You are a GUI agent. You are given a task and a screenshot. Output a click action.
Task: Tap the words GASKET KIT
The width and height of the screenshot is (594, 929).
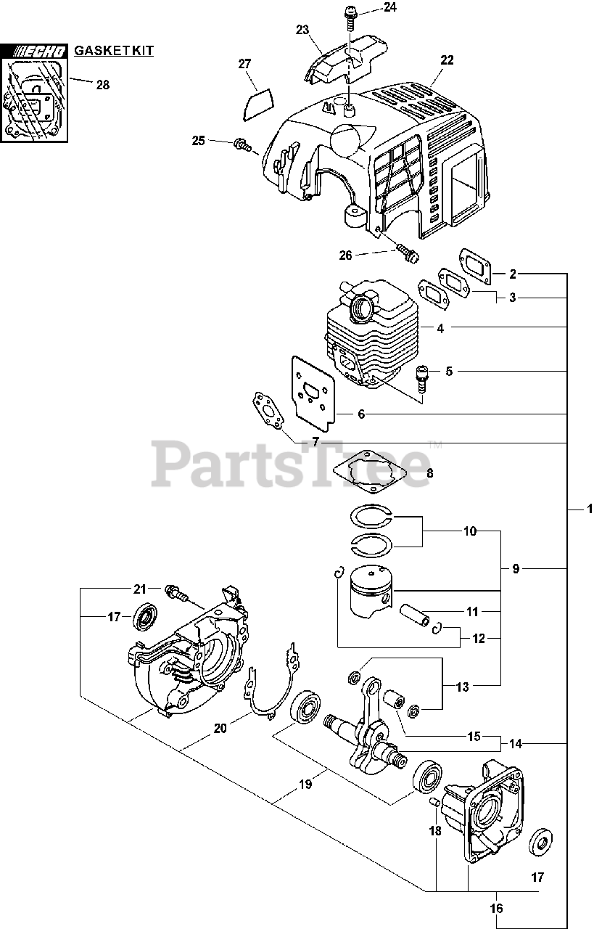(114, 50)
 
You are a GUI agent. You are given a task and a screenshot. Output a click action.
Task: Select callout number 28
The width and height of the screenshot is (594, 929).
(102, 85)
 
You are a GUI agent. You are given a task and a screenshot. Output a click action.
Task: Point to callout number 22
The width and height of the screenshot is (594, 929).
(447, 60)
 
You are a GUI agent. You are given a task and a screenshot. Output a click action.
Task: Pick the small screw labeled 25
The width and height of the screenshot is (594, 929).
(243, 146)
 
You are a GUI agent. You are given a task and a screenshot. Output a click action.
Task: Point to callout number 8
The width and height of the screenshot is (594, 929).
(429, 473)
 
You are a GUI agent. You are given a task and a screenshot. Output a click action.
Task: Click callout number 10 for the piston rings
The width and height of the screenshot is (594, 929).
(470, 531)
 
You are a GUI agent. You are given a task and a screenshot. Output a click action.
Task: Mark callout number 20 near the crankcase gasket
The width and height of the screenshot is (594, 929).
(220, 728)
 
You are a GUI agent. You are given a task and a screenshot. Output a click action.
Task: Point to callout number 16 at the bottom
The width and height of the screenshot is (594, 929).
(497, 908)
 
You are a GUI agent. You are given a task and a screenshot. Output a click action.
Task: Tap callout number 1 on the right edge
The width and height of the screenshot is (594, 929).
(590, 509)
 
